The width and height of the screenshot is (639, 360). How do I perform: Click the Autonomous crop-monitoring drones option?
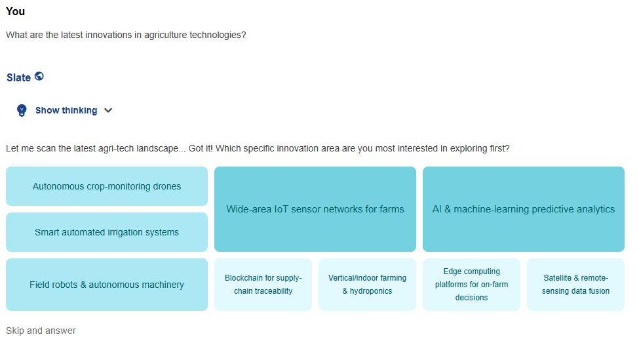click(107, 186)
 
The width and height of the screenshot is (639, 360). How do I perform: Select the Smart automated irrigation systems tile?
click(107, 232)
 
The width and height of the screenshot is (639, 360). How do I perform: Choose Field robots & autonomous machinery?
click(107, 285)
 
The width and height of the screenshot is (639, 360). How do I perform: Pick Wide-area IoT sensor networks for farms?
click(315, 209)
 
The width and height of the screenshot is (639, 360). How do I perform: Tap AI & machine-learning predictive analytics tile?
click(524, 209)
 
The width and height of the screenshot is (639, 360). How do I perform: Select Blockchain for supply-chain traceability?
click(263, 285)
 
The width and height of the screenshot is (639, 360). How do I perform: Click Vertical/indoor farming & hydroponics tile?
click(367, 285)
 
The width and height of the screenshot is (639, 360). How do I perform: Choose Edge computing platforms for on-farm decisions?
click(471, 285)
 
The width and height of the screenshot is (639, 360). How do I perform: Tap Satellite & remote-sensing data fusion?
click(575, 285)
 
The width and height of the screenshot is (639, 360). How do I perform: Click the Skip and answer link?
click(41, 330)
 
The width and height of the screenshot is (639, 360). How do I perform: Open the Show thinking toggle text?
click(66, 110)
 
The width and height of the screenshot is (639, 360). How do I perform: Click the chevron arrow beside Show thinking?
click(108, 110)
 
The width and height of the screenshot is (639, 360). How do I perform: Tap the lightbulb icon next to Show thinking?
click(22, 110)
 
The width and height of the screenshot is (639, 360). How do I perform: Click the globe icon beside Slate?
click(39, 76)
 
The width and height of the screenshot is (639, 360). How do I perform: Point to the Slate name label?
click(18, 77)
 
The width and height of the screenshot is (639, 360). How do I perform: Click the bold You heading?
click(15, 11)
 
